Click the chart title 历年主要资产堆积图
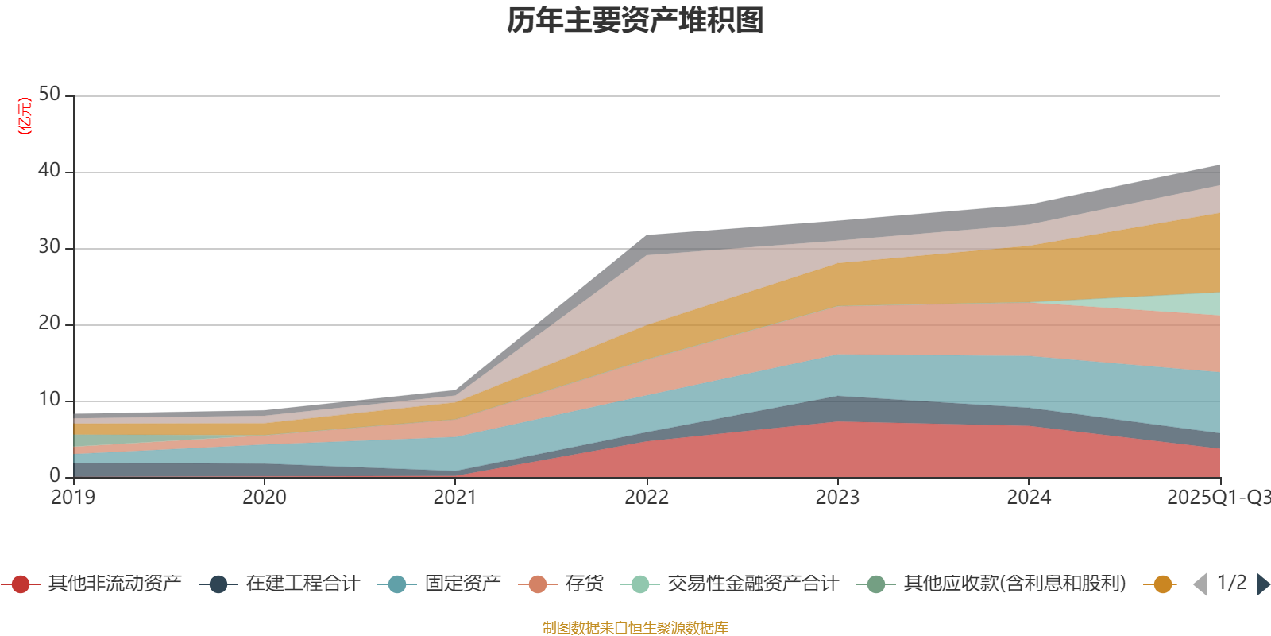pyautogui.click(x=635, y=21)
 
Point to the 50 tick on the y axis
pyautogui.click(x=49, y=95)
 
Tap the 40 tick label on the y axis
pyautogui.click(x=49, y=171)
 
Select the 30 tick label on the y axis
pyautogui.click(x=49, y=247)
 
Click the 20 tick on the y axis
pyautogui.click(x=49, y=324)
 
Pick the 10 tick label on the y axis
pyautogui.click(x=49, y=400)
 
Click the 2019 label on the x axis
pyautogui.click(x=73, y=498)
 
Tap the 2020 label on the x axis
pyautogui.click(x=265, y=498)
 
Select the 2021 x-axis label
pyautogui.click(x=455, y=498)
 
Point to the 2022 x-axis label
pyautogui.click(x=647, y=498)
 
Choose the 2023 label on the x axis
pyautogui.click(x=837, y=498)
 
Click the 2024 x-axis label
pyautogui.click(x=1029, y=498)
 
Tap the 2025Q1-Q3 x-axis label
pyautogui.click(x=1217, y=498)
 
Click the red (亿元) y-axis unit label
pyautogui.click(x=25, y=116)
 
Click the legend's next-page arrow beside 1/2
pyautogui.click(x=1263, y=584)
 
